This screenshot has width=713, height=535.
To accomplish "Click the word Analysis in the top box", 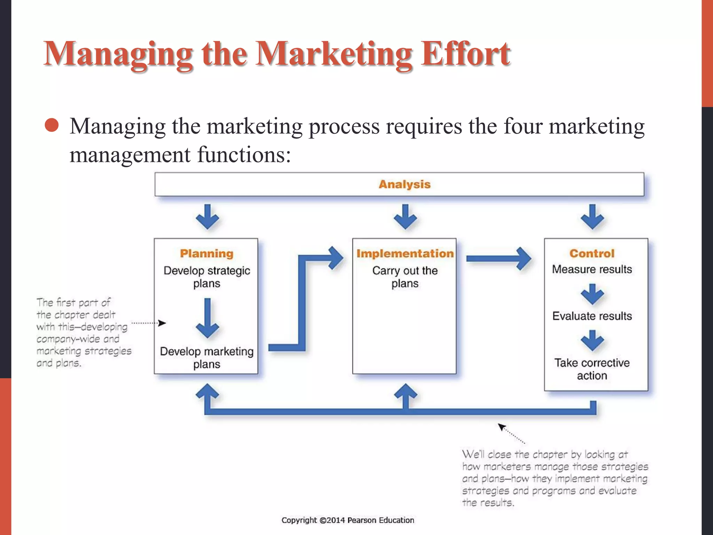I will click(405, 184).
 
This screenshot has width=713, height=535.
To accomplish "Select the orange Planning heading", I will click(206, 253).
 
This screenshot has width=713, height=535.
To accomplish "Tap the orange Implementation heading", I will click(405, 253).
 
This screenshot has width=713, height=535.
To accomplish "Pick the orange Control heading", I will click(592, 253).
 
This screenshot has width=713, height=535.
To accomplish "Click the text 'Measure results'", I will click(592, 269).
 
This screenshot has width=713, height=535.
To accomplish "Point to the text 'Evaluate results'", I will click(592, 316).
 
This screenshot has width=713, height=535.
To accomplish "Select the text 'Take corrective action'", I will click(592, 369).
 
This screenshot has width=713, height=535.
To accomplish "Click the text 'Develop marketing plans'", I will click(206, 358).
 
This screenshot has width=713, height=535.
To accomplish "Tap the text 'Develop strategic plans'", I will click(206, 277).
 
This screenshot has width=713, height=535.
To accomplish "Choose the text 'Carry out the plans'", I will click(405, 277).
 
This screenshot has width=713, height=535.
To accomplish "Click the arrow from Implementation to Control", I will click(498, 258).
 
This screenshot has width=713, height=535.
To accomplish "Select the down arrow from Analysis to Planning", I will click(207, 217).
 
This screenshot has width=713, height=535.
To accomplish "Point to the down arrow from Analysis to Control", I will click(592, 217).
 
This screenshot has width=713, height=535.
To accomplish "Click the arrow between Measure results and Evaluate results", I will click(592, 294).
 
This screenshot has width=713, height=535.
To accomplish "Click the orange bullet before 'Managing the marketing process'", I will click(52, 125).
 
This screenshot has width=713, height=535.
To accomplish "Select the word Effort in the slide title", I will click(465, 54).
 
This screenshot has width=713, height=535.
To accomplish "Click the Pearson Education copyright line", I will click(348, 520).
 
